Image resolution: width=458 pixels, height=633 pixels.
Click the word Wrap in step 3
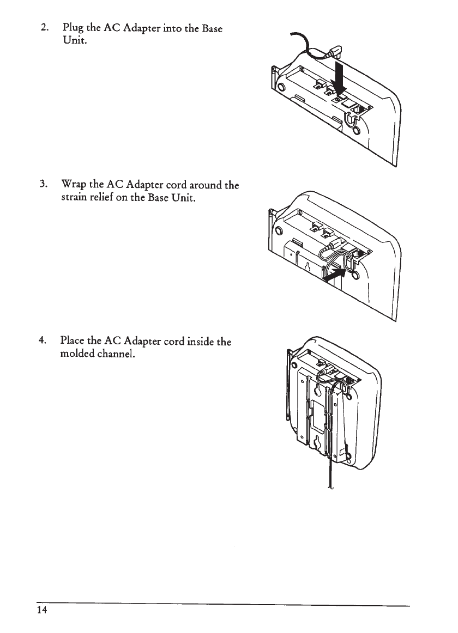pos(75,185)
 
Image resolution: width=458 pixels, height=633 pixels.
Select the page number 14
pos(43,610)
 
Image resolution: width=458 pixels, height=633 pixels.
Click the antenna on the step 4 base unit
pos(287,387)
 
